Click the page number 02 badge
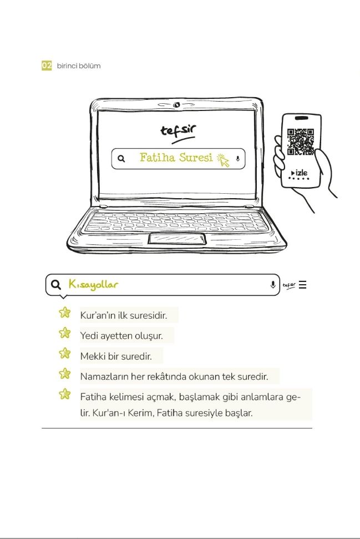[47, 66]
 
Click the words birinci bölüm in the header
[79, 66]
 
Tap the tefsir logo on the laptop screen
[178, 131]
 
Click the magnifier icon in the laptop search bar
[121, 159]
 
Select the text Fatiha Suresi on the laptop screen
[176, 158]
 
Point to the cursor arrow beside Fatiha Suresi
[223, 160]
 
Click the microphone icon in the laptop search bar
[238, 159]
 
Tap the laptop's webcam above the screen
[176, 105]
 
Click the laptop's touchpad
[177, 239]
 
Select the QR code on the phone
[301, 142]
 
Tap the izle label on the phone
[300, 173]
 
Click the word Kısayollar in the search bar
[93, 285]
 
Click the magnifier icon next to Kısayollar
[55, 285]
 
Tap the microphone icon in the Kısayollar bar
[273, 285]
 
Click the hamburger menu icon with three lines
[302, 285]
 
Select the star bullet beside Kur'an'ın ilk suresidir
[65, 313]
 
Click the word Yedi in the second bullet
[89, 335]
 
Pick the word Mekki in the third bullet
[92, 356]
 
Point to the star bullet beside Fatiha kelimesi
[65, 395]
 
